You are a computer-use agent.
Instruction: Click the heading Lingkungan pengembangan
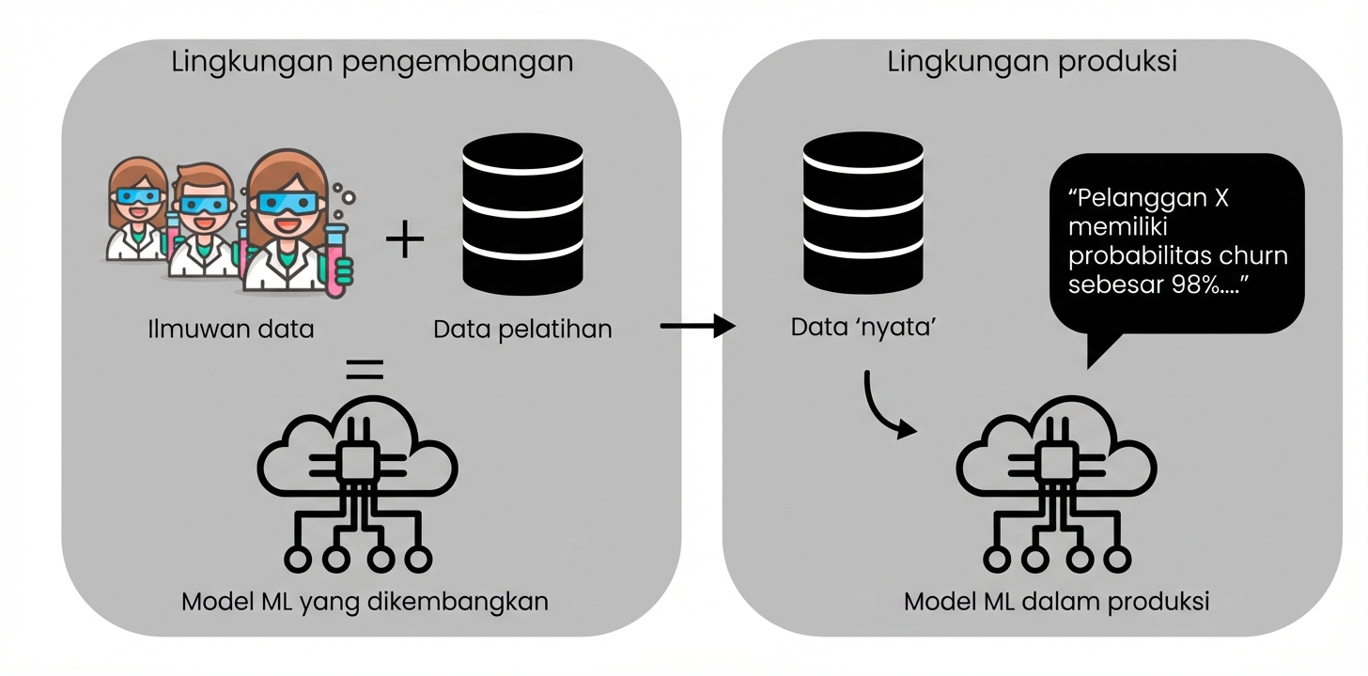pyautogui.click(x=372, y=63)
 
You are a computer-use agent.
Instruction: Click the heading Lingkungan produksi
pyautogui.click(x=1032, y=63)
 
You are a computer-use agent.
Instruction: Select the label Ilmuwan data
pyautogui.click(x=230, y=330)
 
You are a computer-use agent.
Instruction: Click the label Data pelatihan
pyautogui.click(x=522, y=330)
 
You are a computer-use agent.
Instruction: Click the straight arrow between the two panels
pyautogui.click(x=696, y=327)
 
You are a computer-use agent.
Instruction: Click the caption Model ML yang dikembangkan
pyautogui.click(x=365, y=602)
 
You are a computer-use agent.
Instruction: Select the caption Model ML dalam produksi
pyautogui.click(x=1056, y=602)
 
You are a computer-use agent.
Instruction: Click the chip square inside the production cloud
pyautogui.click(x=1056, y=461)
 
